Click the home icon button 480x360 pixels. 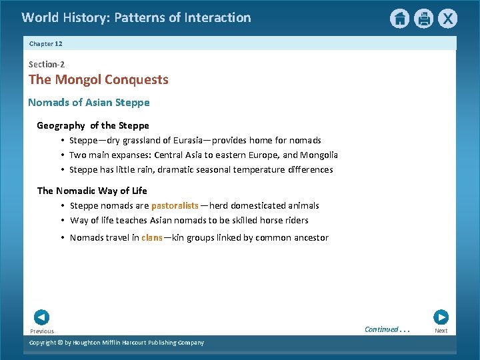coord(399,19)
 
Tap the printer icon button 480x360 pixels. coord(423,19)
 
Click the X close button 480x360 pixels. coord(448,19)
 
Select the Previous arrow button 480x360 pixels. coord(41,317)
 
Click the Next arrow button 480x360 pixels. coord(441,317)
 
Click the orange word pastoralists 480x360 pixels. coord(175,206)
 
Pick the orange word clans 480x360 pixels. coord(152,238)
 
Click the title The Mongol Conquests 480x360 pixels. coord(99,80)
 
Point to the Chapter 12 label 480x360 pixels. coord(45,44)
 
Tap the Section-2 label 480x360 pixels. coord(47,65)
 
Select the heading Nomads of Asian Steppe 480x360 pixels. coord(89,103)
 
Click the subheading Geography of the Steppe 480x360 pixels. coord(93,125)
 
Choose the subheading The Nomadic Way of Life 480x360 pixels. coord(92,191)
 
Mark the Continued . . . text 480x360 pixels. coord(386,329)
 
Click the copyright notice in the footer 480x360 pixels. coord(117,343)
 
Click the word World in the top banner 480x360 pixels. coord(38,18)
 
